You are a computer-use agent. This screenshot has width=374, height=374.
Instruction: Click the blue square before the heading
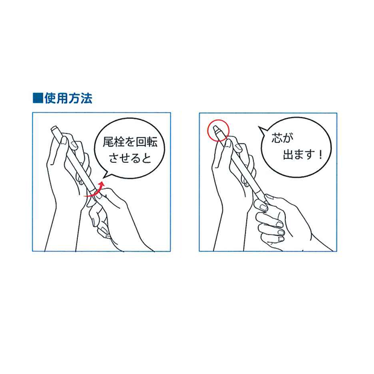(x=37, y=98)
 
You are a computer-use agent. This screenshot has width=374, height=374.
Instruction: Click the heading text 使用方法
(x=68, y=98)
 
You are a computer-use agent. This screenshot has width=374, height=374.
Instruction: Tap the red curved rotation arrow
(x=95, y=191)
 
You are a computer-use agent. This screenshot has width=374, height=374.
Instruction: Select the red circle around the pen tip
(x=218, y=130)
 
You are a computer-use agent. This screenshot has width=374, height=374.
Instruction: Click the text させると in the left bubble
(x=130, y=157)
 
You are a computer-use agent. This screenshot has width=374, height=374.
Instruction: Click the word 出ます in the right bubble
(x=299, y=154)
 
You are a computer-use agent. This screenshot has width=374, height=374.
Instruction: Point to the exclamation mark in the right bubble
(x=320, y=154)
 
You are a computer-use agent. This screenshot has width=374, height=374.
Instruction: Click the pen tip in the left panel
(x=54, y=128)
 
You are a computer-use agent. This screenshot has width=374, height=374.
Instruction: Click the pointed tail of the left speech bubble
(x=104, y=177)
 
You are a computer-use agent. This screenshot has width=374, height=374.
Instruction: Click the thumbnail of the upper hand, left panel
(x=64, y=141)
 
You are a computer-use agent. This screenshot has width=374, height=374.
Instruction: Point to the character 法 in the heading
(x=86, y=98)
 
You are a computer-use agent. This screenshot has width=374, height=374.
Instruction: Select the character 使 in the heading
(x=50, y=98)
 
